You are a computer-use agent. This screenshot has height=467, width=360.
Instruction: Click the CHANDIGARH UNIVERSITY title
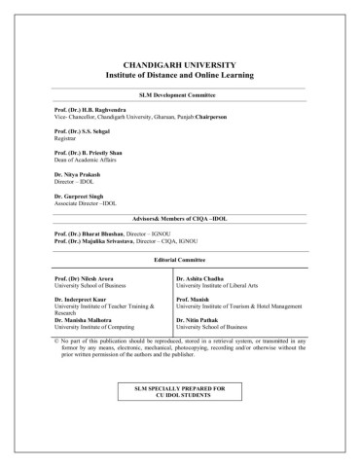(180, 60)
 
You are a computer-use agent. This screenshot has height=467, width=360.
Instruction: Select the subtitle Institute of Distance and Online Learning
(180, 73)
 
